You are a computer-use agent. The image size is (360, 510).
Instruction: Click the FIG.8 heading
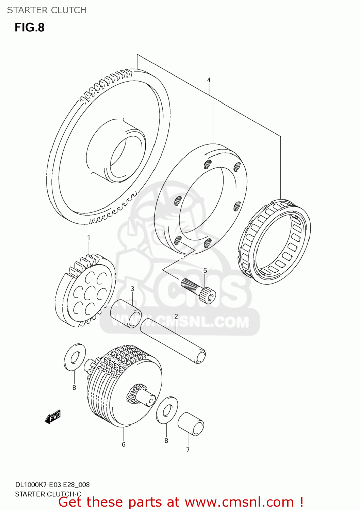[30, 28]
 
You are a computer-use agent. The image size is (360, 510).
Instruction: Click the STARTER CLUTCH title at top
[47, 10]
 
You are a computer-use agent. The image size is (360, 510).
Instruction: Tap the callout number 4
[209, 80]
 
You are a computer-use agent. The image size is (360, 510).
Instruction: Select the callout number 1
[89, 238]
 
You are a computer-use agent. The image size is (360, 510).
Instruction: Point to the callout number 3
[132, 289]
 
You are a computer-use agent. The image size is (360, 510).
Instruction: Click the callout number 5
[205, 271]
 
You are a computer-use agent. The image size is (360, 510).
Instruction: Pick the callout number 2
[176, 317]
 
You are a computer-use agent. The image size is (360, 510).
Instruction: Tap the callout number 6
[124, 444]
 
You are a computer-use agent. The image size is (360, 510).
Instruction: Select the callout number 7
[188, 450]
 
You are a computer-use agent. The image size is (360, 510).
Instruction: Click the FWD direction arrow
[53, 417]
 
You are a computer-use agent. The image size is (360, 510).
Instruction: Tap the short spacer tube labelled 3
[126, 313]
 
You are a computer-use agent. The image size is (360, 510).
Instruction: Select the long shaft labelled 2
[174, 340]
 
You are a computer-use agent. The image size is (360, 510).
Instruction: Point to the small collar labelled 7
[191, 424]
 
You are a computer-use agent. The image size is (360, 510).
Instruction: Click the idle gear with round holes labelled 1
[86, 290]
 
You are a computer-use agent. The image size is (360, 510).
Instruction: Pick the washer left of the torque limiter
[75, 357]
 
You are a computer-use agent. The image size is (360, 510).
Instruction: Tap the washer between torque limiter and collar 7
[167, 410]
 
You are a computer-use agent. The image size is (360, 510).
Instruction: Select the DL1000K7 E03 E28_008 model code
[52, 485]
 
